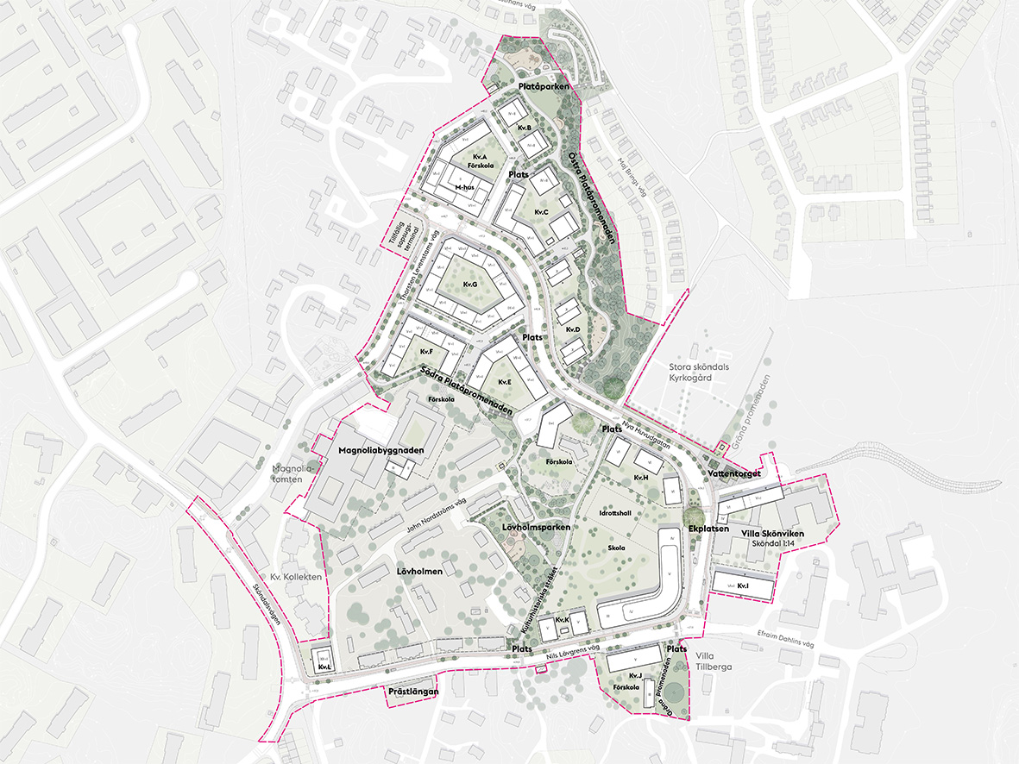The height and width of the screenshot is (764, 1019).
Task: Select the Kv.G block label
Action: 470,284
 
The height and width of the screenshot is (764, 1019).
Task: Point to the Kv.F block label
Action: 426,352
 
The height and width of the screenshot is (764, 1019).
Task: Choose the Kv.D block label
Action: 573,330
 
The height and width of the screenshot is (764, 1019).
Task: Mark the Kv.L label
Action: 324,667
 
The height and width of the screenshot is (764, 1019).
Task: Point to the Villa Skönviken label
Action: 772,534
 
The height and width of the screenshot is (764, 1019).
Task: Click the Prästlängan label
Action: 414,692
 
